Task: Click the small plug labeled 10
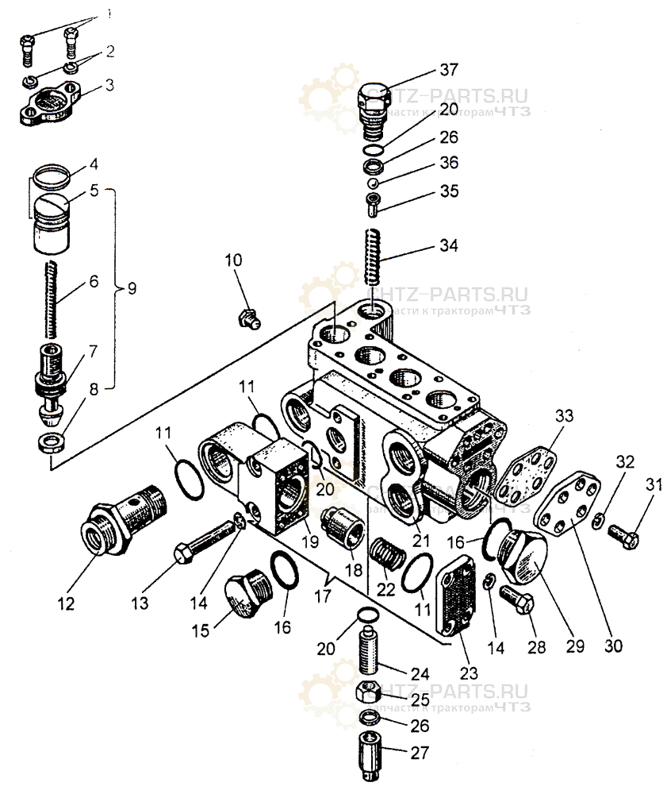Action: click(247, 319)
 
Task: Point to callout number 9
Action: click(130, 287)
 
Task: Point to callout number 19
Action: click(309, 543)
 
